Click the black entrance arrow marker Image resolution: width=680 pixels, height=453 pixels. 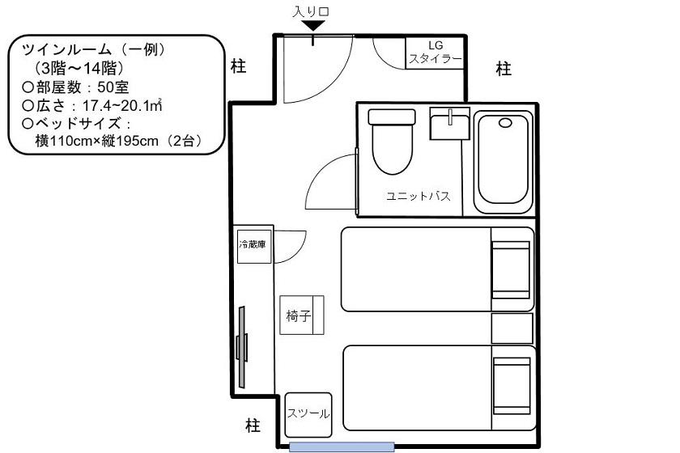(313, 26)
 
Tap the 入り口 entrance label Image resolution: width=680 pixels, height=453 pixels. (311, 11)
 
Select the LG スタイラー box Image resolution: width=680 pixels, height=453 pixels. (435, 53)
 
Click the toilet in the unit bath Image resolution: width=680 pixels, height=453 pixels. (392, 142)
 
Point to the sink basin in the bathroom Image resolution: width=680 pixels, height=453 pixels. (450, 124)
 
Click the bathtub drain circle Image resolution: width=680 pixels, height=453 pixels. (505, 123)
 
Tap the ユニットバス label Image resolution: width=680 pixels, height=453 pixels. (418, 196)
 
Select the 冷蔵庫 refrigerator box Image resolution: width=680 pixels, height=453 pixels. (254, 245)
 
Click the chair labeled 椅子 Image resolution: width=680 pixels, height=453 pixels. (301, 315)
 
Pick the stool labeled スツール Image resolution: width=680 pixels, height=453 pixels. (308, 415)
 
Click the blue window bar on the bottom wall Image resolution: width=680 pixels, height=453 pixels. (342, 447)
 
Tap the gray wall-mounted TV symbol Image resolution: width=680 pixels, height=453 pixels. (242, 347)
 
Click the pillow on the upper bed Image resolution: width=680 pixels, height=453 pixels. (511, 269)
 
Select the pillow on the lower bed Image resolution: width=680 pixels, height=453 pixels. (512, 386)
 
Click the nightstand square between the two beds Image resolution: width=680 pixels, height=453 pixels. (512, 328)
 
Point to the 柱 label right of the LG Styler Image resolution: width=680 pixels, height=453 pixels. (504, 69)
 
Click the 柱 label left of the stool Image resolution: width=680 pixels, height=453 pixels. (253, 425)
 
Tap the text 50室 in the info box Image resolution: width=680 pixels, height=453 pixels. (113, 87)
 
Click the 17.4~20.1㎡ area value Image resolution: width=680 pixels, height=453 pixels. (122, 105)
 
